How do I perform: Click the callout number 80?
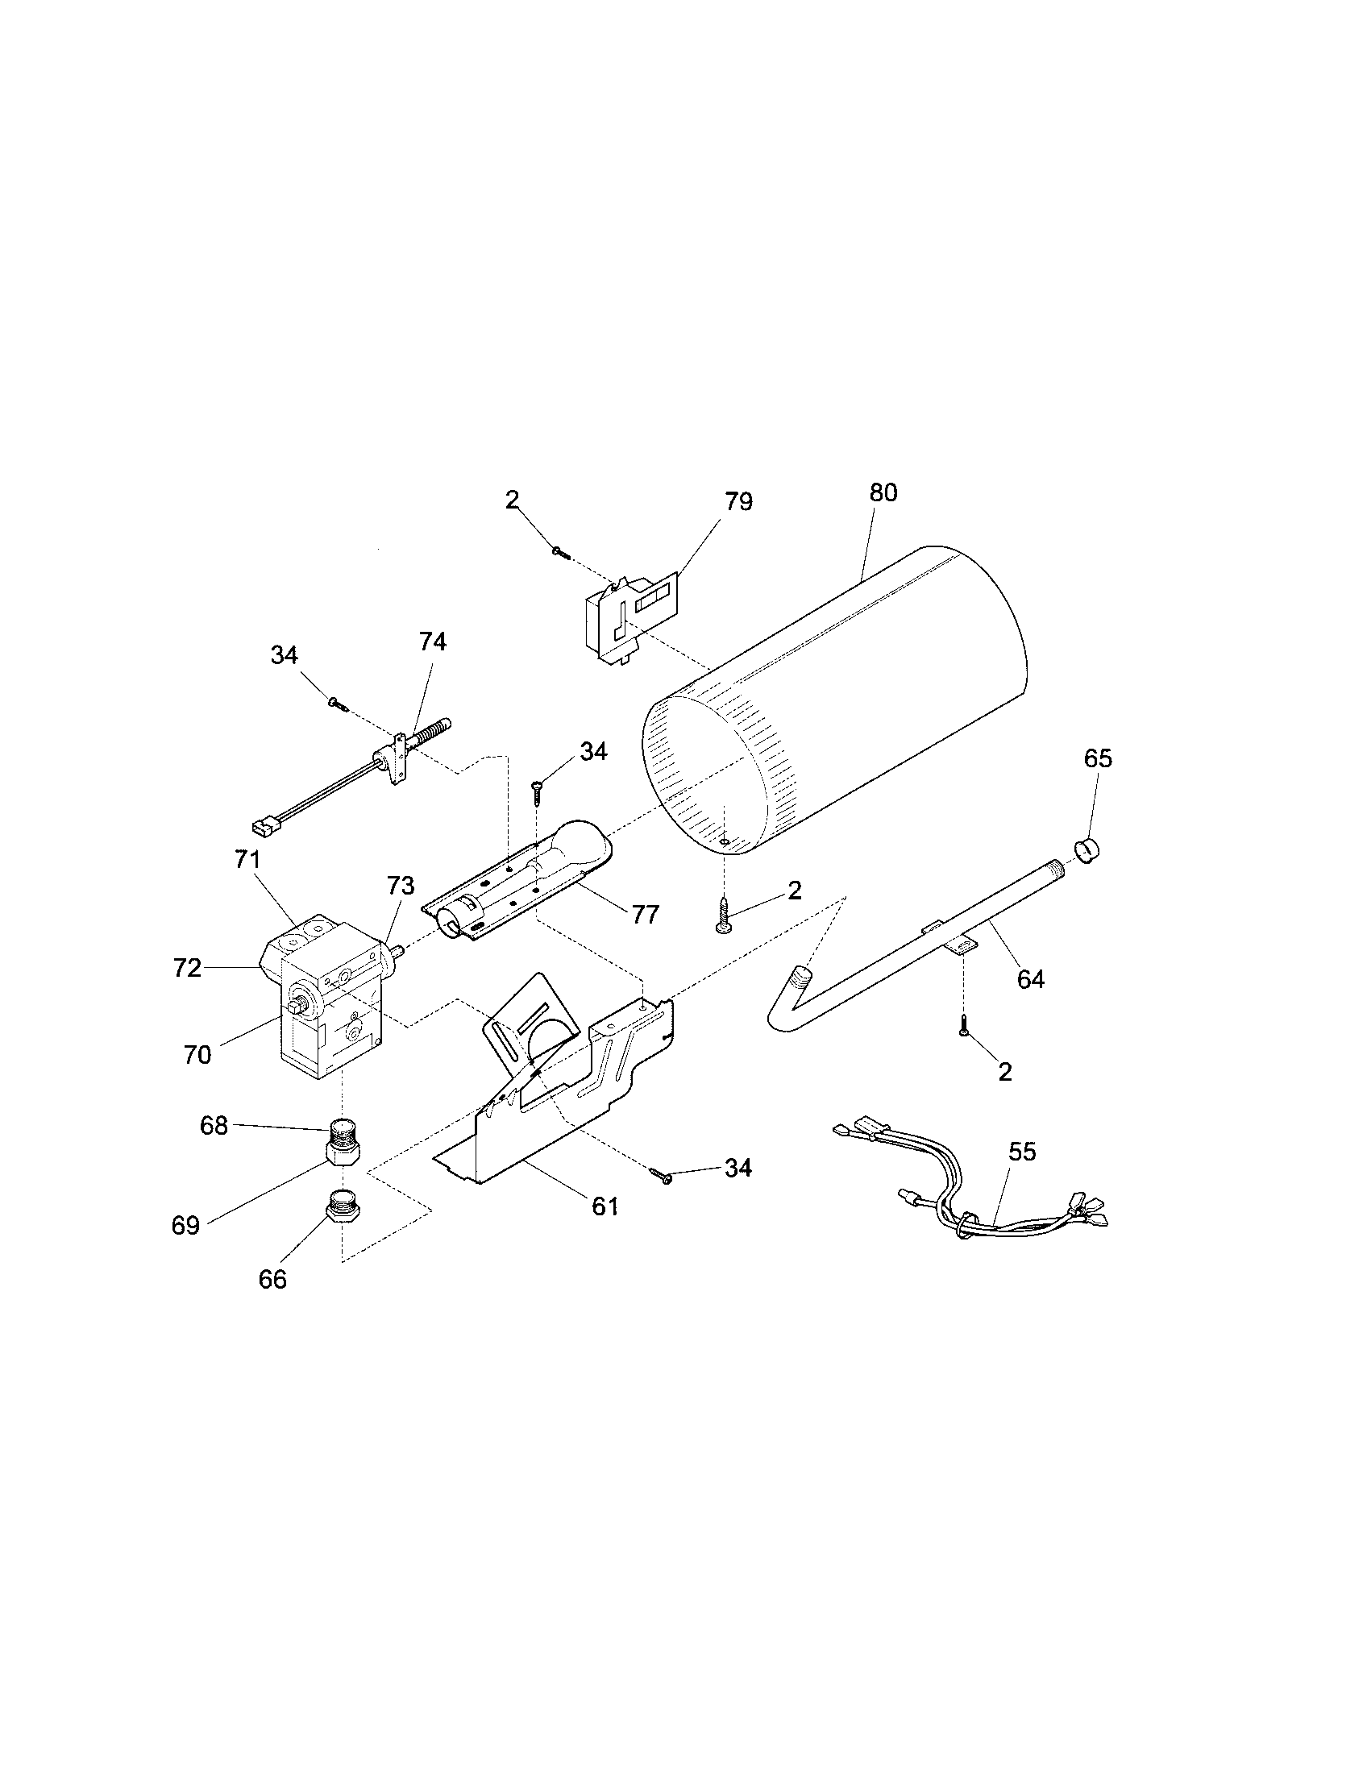coord(883,492)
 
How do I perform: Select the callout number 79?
coord(738,502)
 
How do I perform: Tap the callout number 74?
coord(433,642)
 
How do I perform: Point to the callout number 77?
coord(646,915)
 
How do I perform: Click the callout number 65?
coord(1098,758)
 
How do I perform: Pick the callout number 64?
coord(1030,980)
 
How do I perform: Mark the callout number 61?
coord(605,1206)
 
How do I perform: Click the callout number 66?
coord(272,1280)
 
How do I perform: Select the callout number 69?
coord(185,1226)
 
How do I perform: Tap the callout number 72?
coord(187,968)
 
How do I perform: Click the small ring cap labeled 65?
coord(1092,854)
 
